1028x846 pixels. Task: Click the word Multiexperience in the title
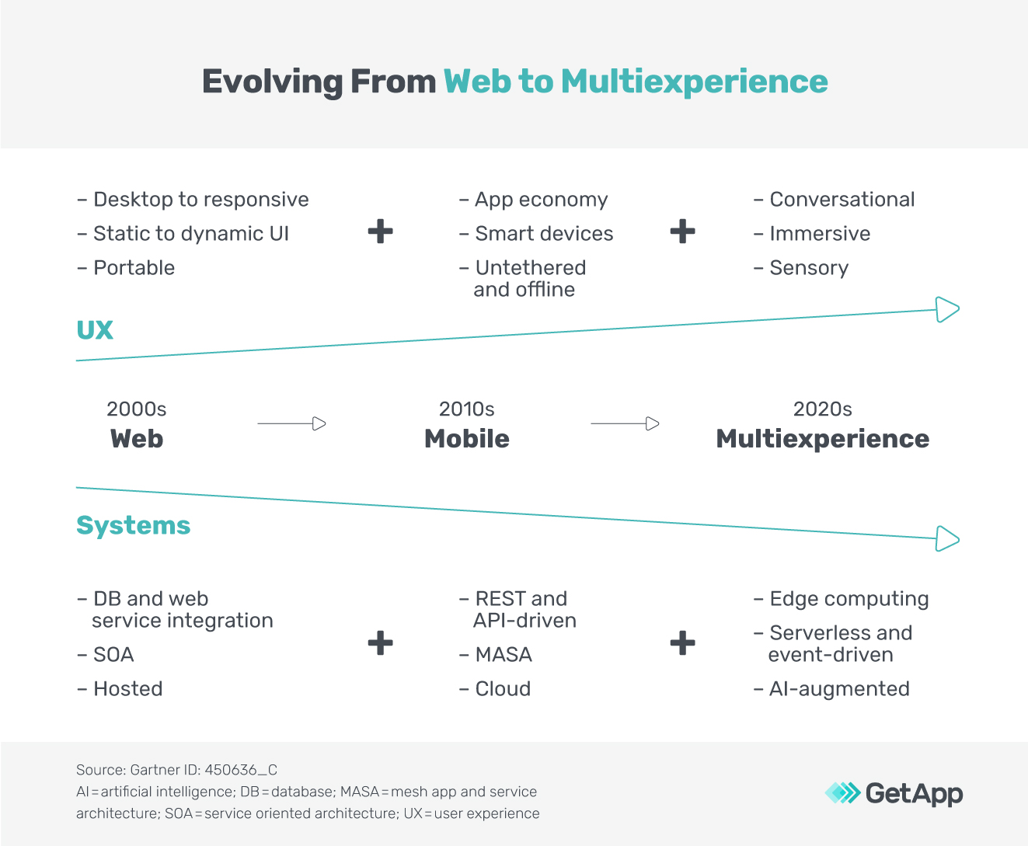pos(694,82)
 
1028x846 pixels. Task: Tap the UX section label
pos(95,330)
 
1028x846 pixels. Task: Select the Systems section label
pos(133,526)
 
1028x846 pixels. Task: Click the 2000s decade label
pos(137,409)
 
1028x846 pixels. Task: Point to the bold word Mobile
pos(467,439)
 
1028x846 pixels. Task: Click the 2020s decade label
pos(822,409)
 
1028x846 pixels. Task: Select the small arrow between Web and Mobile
pos(292,423)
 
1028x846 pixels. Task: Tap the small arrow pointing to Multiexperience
pos(625,423)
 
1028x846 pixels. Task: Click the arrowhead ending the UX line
pos(947,309)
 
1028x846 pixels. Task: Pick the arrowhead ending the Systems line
pos(947,538)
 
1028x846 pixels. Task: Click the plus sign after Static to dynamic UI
pos(380,232)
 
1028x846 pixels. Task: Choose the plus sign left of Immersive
pos(682,232)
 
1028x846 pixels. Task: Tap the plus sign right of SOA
pos(380,643)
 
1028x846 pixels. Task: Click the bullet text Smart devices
pos(544,234)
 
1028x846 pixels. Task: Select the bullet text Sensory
pos(809,268)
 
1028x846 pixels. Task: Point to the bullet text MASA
pos(504,655)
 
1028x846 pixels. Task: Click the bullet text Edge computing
pos(849,599)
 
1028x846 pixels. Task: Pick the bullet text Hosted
pos(128,689)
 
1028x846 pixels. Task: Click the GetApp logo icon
pos(842,793)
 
